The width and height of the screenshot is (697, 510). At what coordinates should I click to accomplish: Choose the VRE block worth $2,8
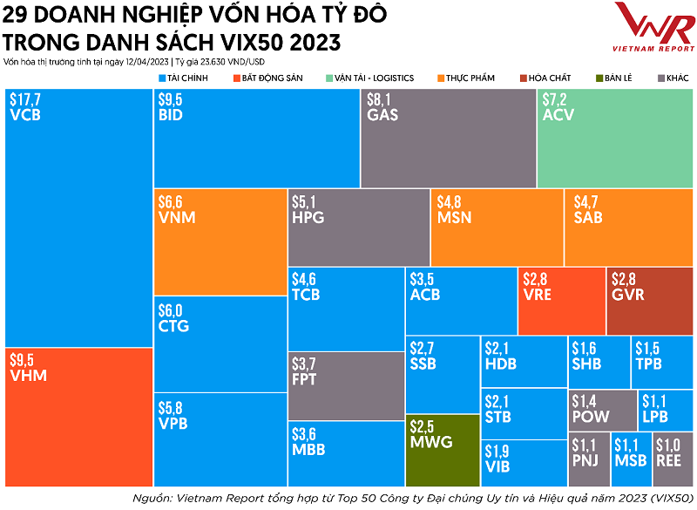tap(561, 301)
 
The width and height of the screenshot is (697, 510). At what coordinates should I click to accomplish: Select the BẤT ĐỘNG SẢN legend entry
tap(267, 78)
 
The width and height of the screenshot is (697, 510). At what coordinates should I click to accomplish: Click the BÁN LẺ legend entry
tap(615, 78)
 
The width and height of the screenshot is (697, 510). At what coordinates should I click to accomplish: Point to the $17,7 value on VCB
tap(25, 100)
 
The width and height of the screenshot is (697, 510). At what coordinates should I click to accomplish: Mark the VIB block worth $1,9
tap(522, 462)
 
